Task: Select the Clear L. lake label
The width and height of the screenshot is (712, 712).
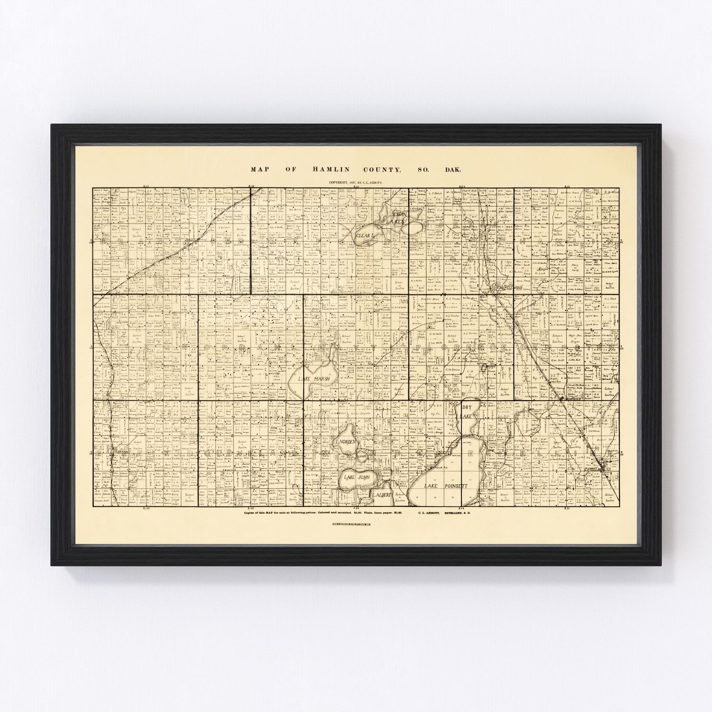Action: click(366, 234)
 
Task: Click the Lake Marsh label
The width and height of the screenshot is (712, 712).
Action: click(305, 379)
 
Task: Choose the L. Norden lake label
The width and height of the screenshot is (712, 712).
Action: click(346, 441)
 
